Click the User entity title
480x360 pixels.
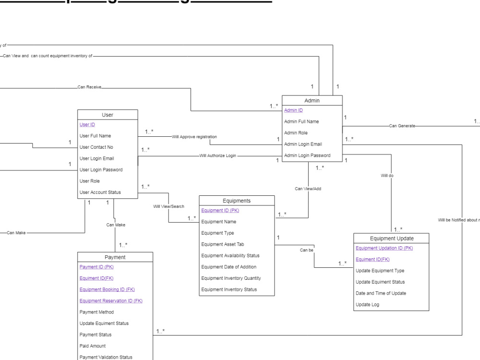[108, 115]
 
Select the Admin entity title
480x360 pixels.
[312, 100]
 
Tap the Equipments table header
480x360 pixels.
[237, 201]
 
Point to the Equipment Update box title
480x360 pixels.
[391, 238]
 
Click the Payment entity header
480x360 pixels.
[115, 257]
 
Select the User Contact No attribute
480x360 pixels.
[96, 147]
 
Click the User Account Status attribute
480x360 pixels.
[100, 192]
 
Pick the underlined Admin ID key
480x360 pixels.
[293, 110]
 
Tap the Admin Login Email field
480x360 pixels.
[303, 144]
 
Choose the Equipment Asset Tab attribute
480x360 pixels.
[223, 244]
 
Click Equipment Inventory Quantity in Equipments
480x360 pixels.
[230, 278]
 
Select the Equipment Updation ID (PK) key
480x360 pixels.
[384, 248]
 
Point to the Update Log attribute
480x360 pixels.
[367, 305]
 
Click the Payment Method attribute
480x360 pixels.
[96, 312]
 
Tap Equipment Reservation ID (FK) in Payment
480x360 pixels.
[111, 301]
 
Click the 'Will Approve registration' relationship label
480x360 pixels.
[194, 137]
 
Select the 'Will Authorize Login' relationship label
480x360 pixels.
[218, 156]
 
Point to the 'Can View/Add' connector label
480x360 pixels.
[308, 189]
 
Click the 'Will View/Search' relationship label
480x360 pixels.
[168, 206]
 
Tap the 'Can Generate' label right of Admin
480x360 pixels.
[402, 126]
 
